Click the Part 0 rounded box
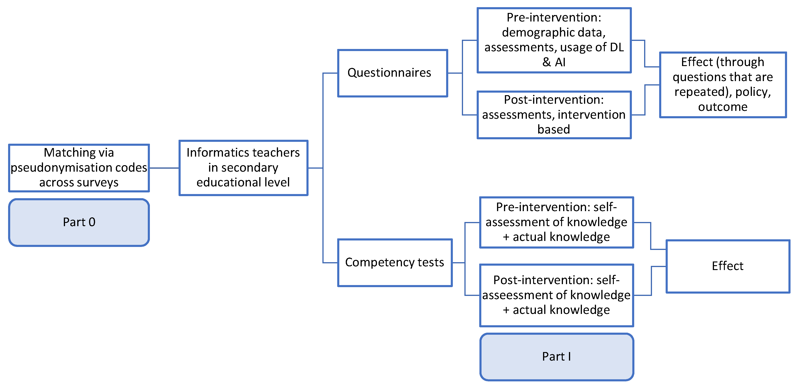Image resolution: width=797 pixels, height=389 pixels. [79, 222]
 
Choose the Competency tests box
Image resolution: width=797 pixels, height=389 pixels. [395, 262]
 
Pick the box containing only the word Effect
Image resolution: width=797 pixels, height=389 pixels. [727, 266]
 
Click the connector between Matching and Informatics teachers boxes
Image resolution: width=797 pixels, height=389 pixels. [164, 168]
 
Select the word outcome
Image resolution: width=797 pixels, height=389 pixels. [723, 107]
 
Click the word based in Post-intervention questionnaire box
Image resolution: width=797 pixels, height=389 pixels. [553, 129]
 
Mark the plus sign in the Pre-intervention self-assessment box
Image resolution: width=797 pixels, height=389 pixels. [506, 237]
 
